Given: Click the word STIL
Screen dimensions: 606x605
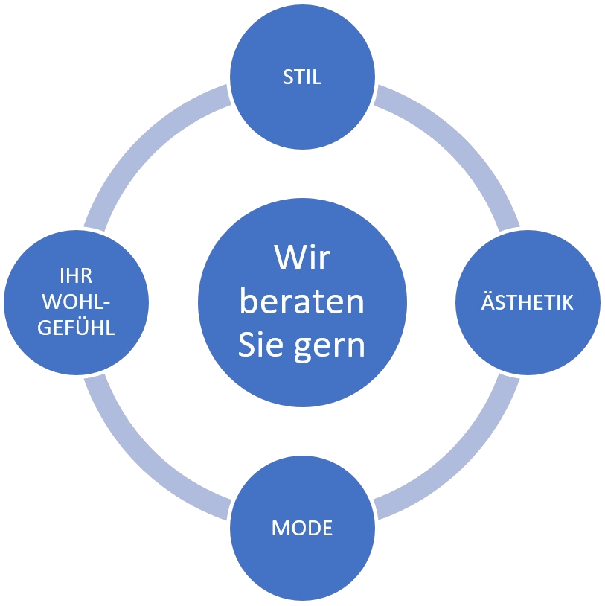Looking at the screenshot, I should point(302,77).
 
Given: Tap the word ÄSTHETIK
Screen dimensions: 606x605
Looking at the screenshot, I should point(528,303).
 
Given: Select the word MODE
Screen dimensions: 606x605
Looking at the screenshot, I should point(302,529).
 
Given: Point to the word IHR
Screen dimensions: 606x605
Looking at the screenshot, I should point(76,277).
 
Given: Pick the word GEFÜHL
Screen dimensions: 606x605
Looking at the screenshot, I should point(76,328).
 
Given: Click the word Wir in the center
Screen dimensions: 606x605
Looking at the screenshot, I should point(302,258).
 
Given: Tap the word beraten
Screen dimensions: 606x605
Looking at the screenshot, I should point(302,302).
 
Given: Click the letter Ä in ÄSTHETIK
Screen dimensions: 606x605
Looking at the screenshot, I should point(487,303).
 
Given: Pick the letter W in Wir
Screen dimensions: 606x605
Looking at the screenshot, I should point(287,258).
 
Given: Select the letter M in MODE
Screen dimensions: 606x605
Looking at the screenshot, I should point(280,529).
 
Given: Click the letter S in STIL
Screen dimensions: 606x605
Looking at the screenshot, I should point(287,77).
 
